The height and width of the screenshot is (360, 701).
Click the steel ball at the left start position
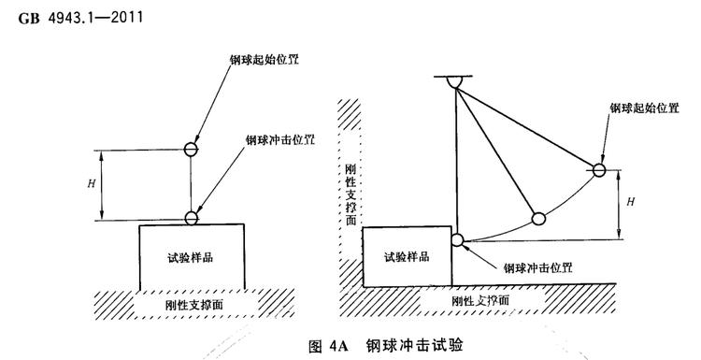[191, 149]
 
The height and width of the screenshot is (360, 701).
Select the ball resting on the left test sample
[191, 218]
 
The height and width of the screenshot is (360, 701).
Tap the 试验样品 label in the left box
[192, 257]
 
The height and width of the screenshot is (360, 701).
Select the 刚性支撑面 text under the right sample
[479, 301]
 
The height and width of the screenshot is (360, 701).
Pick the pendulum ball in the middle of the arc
[538, 219]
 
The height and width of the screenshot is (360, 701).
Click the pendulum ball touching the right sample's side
[458, 240]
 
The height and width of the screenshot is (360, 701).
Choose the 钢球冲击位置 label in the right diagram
[537, 266]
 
